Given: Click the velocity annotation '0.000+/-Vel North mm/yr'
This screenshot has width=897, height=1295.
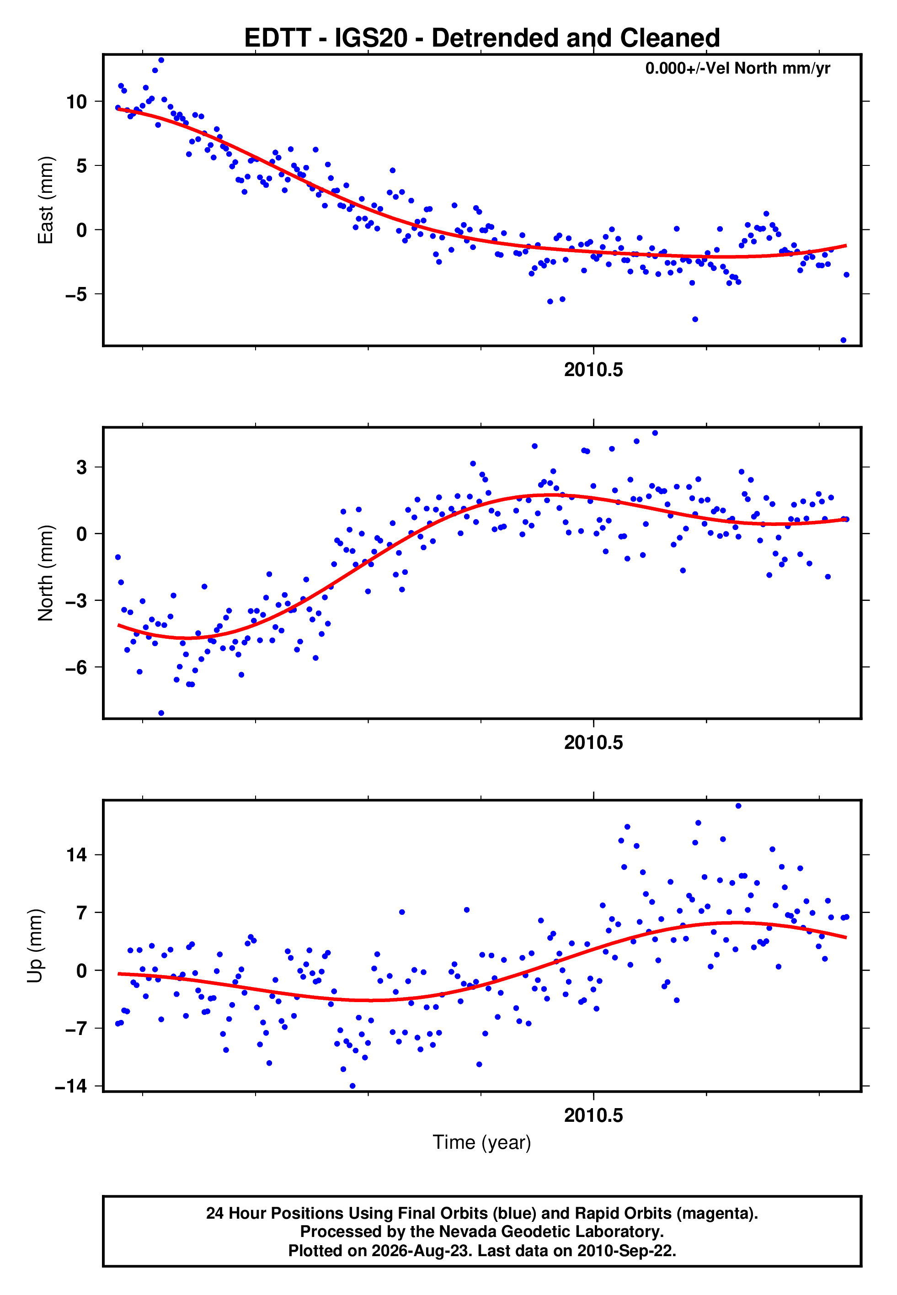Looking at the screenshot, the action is (737, 69).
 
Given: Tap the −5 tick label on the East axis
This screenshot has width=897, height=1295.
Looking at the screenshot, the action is (76, 294).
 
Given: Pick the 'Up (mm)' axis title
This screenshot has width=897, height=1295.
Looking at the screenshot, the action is (35, 946).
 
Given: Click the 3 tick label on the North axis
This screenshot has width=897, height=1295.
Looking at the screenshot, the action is (82, 467).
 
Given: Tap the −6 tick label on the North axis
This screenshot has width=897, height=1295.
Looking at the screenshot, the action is (76, 667).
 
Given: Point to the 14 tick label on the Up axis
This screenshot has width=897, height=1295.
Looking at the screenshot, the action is (76, 855).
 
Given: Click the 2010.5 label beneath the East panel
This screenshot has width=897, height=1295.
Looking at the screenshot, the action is (593, 370).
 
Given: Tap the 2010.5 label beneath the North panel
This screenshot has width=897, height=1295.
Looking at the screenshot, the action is (593, 743).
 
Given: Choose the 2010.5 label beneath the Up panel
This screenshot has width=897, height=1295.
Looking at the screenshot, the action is (593, 1116).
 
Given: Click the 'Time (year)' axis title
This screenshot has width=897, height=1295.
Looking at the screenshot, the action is (482, 1143).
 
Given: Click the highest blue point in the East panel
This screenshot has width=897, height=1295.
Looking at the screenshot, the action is (161, 60).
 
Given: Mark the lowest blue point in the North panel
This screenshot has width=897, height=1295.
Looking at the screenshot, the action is (161, 713).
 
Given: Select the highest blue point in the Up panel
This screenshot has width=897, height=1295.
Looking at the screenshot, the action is (738, 806).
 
